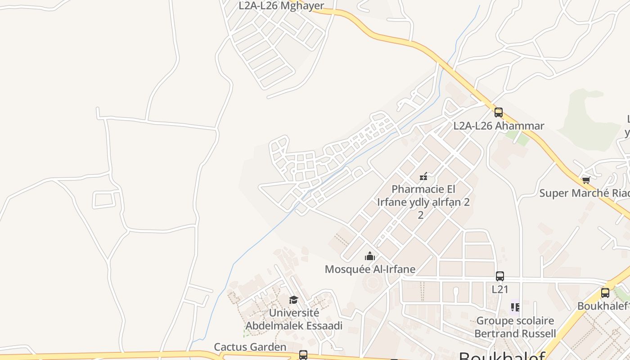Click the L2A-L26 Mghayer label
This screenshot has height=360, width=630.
(281, 6)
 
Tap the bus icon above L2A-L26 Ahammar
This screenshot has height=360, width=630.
(498, 112)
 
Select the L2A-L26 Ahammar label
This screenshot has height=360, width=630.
(499, 126)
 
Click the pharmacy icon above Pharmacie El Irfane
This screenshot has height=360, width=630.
(423, 176)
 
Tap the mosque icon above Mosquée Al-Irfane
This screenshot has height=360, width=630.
(370, 256)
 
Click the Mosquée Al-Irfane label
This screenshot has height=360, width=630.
(370, 270)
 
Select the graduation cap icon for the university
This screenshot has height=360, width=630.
(293, 300)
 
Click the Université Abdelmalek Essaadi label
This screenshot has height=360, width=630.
(294, 319)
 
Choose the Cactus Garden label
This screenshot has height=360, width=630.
(250, 347)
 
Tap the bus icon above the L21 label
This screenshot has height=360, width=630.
(499, 276)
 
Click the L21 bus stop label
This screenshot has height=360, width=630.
(499, 289)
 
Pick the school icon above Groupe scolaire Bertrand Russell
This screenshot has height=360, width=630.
(515, 307)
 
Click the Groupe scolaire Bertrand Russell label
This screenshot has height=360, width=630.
(515, 327)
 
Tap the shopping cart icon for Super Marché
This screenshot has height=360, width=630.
(586, 180)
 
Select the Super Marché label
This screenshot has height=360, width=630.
(584, 193)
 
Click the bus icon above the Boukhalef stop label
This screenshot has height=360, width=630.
(605, 293)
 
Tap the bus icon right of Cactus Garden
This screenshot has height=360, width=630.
(303, 355)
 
